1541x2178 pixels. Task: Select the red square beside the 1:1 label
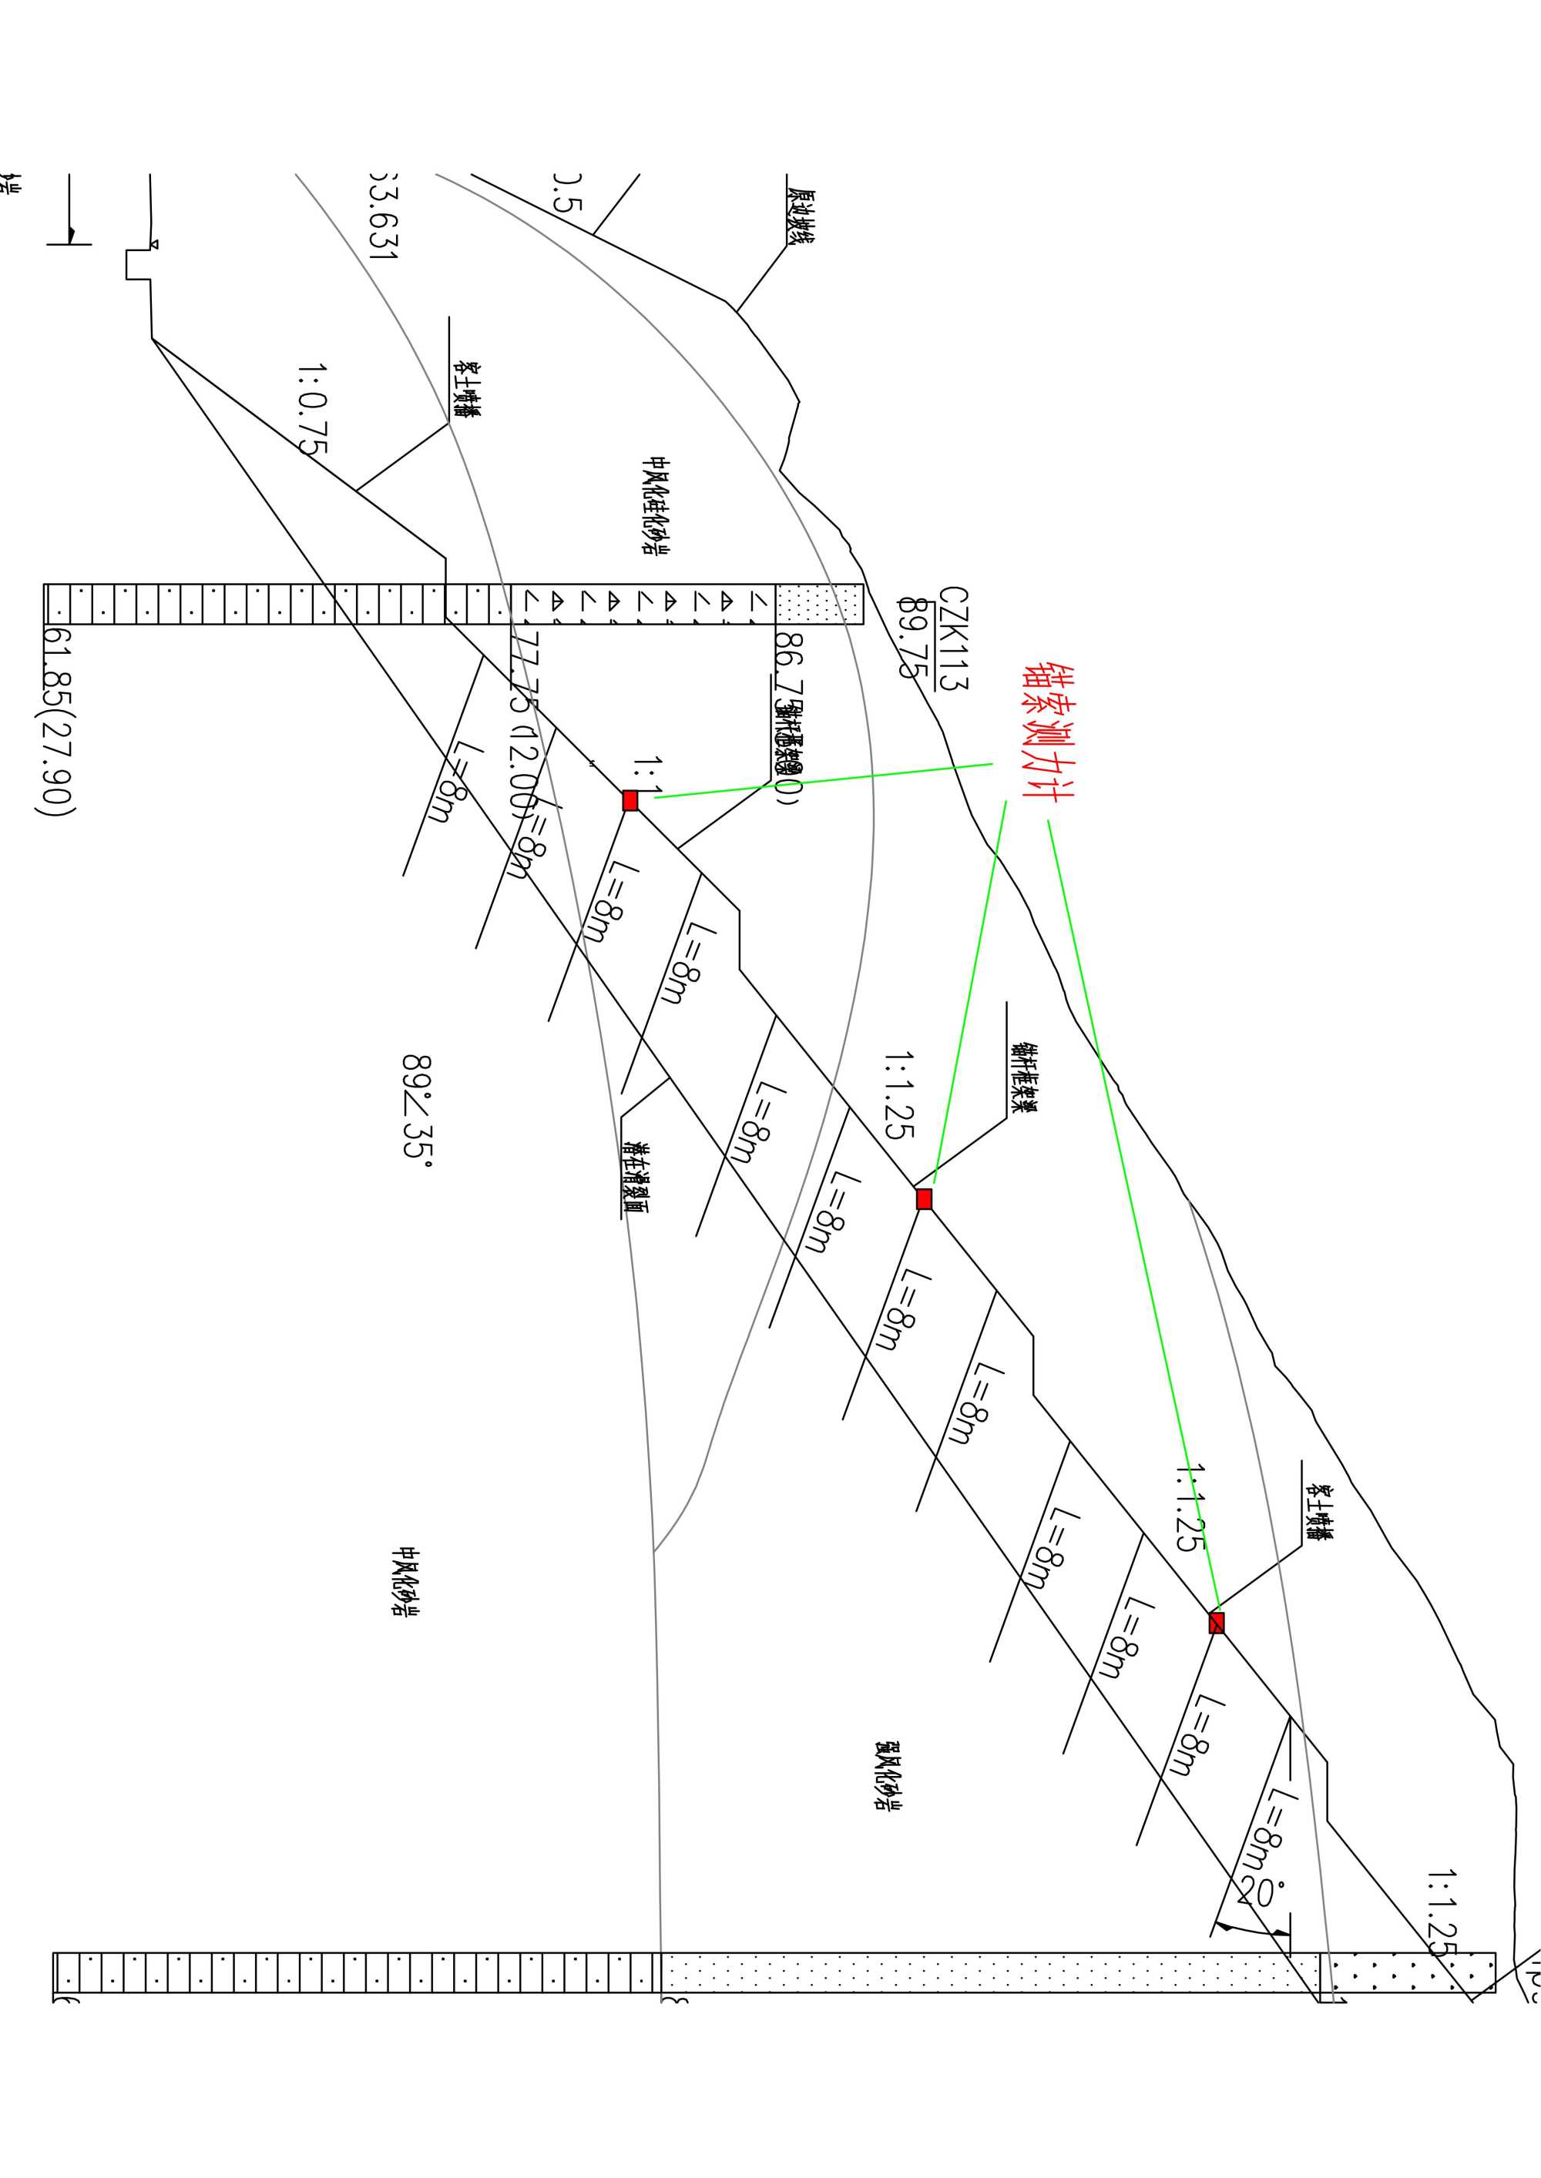(630, 801)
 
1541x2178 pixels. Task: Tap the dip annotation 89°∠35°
(417, 1106)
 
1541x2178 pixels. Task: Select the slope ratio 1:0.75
(312, 408)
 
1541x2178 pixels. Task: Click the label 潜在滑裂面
(635, 1176)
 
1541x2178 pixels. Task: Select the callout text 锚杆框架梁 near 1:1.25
(1023, 1077)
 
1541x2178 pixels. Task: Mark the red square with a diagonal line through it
(1217, 1623)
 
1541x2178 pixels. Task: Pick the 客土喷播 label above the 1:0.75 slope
(466, 390)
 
